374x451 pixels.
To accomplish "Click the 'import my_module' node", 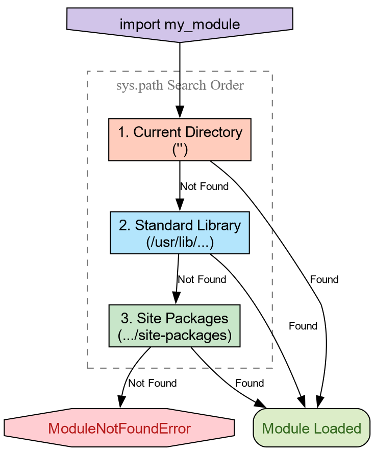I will pos(180,23).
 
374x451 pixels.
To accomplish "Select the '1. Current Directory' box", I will pos(180,139).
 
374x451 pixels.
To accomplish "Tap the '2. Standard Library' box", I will pos(180,232).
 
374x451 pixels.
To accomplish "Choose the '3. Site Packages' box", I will pos(174,326).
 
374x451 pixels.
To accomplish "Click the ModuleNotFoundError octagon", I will pos(119,428).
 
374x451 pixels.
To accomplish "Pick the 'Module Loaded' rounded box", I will pos(311,428).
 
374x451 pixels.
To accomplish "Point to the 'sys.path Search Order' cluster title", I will pos(180,85).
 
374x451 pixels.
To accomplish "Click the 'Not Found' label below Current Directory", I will pos(204,186).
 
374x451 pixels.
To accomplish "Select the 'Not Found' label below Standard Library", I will pos(202,279).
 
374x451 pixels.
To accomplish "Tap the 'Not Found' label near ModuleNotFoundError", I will pos(153,383).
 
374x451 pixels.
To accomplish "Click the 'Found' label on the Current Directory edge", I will pos(324,279).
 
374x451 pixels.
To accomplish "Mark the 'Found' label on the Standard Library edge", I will pos(303,326).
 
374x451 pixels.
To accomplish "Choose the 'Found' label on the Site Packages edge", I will pos(250,383).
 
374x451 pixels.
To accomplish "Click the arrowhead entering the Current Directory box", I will pos(180,113).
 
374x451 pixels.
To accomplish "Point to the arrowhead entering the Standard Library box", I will pos(180,206).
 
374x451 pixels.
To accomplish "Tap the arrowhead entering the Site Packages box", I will pos(176,300).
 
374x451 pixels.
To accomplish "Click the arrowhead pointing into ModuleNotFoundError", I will pos(120,403).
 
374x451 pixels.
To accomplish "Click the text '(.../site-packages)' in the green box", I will pos(174,336).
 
